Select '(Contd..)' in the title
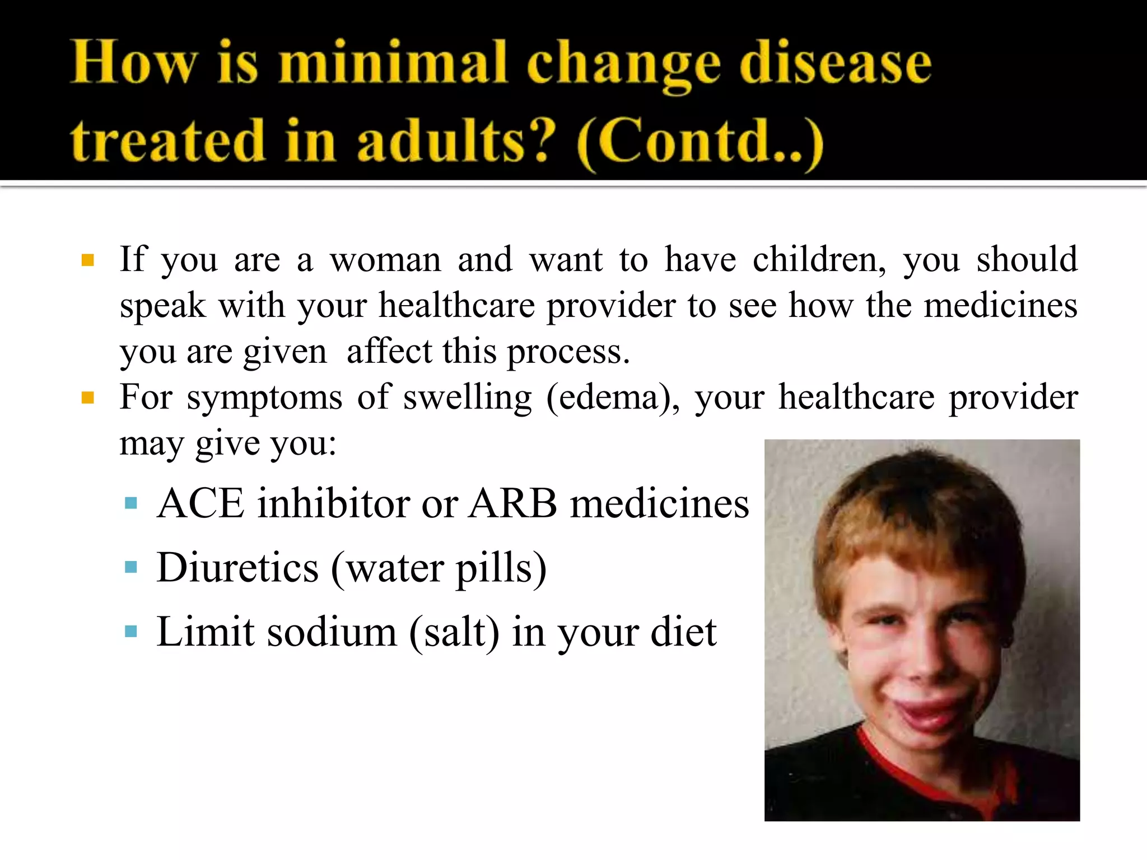click(700, 141)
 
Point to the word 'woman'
click(385, 260)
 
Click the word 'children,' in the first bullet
click(819, 260)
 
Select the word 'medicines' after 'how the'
click(1000, 306)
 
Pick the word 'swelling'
click(467, 398)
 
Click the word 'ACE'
click(201, 503)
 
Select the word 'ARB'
click(513, 503)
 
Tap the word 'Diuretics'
click(237, 568)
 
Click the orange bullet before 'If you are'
click(87, 260)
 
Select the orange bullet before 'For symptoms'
click(87, 398)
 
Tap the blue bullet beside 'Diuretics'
click(131, 568)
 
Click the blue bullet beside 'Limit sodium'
click(131, 632)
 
